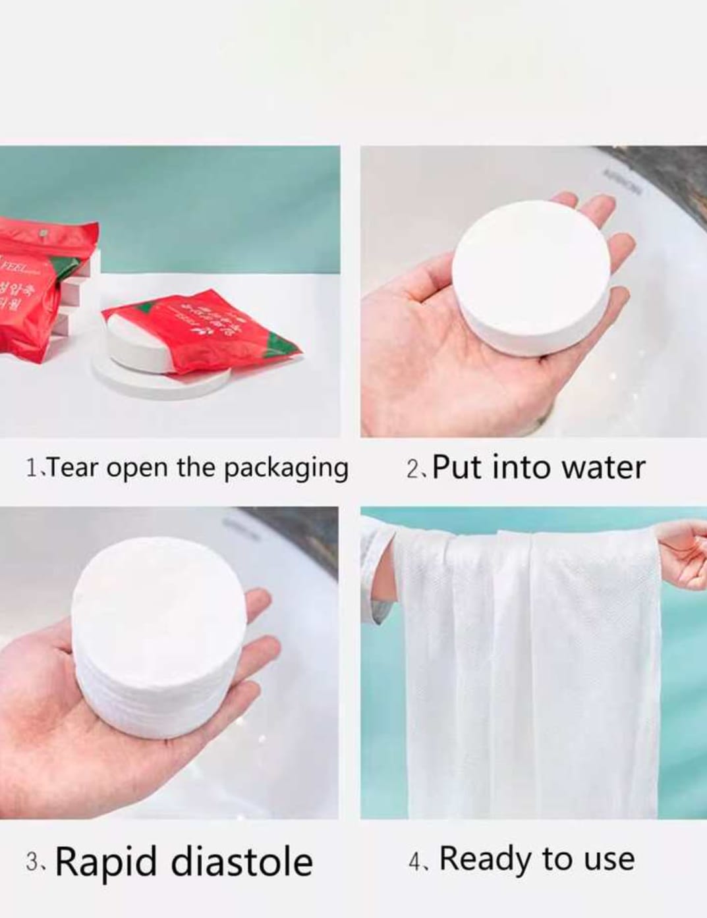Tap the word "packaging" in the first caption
pyautogui.click(x=286, y=469)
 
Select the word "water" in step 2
pyautogui.click(x=603, y=468)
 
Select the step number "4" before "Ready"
pyautogui.click(x=414, y=862)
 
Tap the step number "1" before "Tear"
pyautogui.click(x=31, y=469)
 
